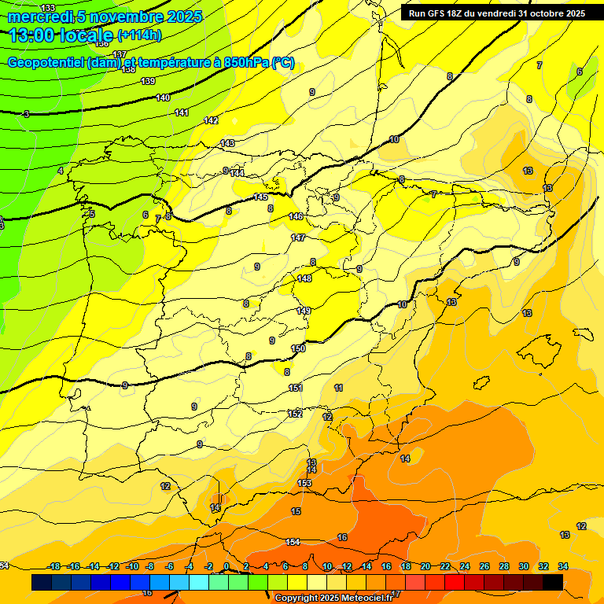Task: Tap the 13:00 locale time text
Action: (x=61, y=35)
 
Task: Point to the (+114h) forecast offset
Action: (x=139, y=35)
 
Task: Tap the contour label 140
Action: (x=163, y=98)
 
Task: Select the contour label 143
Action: (x=227, y=143)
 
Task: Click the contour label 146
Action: (x=296, y=216)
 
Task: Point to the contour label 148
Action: (x=304, y=278)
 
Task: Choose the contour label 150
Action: (x=298, y=348)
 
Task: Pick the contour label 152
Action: (x=296, y=414)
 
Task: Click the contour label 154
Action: (x=293, y=542)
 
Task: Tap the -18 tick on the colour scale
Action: (x=55, y=566)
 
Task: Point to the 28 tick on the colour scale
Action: (x=504, y=566)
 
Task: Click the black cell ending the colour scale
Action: (x=553, y=582)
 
